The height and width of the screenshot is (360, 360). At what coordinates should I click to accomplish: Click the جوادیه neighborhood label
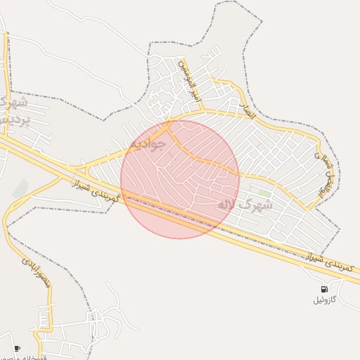147,144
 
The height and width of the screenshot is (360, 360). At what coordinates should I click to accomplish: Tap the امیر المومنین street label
186,79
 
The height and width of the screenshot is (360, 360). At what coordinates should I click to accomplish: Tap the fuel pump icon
324,289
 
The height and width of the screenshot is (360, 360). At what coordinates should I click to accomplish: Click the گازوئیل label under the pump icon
325,300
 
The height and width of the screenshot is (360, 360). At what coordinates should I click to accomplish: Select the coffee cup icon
18,348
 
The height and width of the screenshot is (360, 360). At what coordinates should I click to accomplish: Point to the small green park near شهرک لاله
264,193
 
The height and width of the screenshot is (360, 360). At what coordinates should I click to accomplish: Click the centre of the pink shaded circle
180,179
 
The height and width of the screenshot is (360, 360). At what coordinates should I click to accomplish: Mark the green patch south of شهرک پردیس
20,188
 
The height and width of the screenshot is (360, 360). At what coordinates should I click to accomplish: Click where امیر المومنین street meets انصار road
202,110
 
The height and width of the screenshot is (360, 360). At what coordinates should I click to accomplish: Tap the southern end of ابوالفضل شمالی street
307,208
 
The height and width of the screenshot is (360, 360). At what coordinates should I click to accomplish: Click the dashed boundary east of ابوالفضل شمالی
339,176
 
